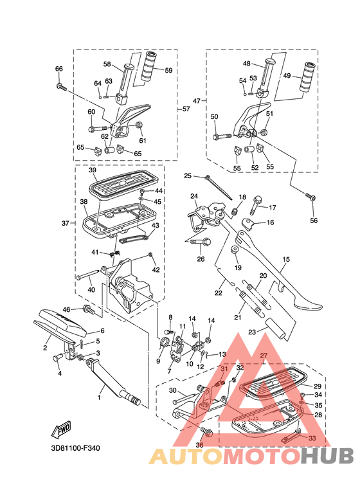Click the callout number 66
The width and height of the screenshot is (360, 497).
coord(59,69)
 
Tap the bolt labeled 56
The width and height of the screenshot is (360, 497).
coord(311,197)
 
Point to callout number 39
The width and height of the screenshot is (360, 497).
coord(92,170)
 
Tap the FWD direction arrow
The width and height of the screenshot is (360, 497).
coord(62,428)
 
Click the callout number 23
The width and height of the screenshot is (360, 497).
coord(253,332)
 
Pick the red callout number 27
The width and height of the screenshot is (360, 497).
coord(264,356)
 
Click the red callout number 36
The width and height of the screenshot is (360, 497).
coord(199,445)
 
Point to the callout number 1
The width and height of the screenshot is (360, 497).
coord(99,397)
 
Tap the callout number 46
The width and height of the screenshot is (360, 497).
coord(66,310)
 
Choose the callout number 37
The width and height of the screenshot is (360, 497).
coord(64,223)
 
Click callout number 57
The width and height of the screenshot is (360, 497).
coord(186,109)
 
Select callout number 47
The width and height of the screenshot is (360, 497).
coord(197,101)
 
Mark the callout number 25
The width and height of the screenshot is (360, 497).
coord(188,176)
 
